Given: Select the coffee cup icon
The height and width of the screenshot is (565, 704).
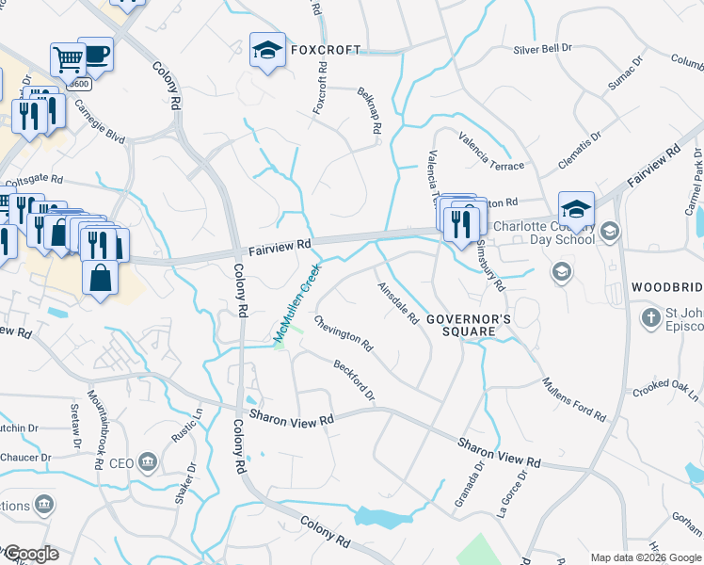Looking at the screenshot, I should point(96,54).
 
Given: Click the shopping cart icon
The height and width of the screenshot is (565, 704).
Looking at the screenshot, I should point(68,60).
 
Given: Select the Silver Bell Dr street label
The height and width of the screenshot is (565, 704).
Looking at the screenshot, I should point(543,49).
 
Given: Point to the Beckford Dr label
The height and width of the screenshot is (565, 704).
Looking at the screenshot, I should point(353,379).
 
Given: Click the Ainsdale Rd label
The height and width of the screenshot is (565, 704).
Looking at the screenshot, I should point(398,303).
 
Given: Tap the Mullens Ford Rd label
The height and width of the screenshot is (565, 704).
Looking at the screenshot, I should point(573,398).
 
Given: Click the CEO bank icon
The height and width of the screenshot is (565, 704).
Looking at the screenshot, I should point(148,462).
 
